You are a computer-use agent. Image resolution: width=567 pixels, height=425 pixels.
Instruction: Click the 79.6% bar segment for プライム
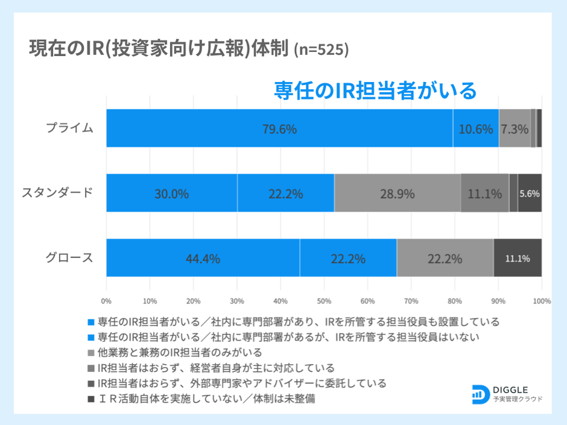pos(279,128)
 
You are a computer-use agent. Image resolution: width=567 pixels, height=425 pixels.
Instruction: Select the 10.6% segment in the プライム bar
pos(476,128)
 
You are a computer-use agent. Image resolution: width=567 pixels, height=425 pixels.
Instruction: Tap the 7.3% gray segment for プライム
pos(515,128)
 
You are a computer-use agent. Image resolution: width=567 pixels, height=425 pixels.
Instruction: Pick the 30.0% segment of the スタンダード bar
pos(172,194)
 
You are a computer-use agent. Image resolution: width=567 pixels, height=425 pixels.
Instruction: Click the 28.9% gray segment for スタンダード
pos(397,194)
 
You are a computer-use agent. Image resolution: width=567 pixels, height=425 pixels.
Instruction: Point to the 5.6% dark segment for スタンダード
pos(530,194)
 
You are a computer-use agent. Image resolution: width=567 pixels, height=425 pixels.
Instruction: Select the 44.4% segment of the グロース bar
pos(203,259)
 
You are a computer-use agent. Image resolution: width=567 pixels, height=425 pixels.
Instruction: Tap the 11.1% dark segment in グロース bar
pos(518,259)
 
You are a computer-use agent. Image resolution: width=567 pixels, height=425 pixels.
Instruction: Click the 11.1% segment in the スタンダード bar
pos(484,194)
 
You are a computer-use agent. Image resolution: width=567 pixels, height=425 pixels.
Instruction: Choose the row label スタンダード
pos(58,193)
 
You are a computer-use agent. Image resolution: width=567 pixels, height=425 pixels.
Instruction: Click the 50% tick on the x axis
pos(324,300)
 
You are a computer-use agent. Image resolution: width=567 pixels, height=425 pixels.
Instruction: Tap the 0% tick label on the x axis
pos(107,300)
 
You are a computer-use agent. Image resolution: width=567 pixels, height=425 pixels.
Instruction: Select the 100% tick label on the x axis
pos(541,300)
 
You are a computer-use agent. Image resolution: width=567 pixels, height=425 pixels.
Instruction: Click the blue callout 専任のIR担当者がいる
pos(375,90)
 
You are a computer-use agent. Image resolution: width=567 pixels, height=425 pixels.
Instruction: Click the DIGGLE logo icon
pos(481,392)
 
